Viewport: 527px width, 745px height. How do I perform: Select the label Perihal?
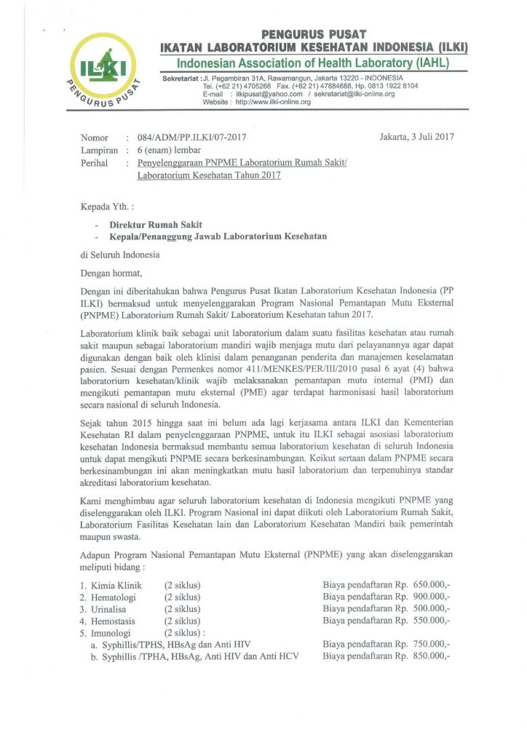coord(94,163)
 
